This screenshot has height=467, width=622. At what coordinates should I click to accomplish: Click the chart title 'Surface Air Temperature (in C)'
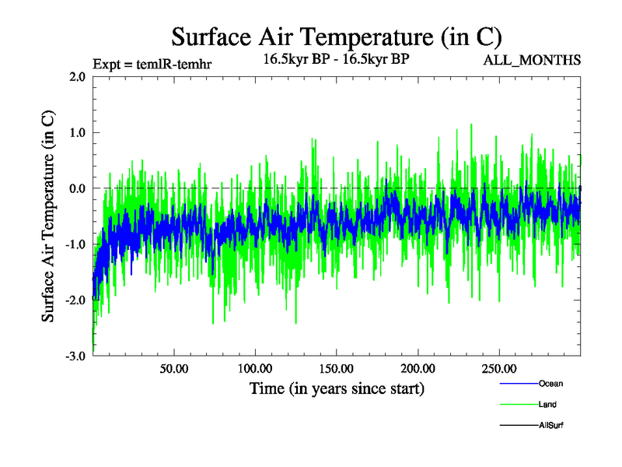click(336, 37)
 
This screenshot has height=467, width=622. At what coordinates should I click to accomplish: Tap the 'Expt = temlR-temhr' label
click(152, 63)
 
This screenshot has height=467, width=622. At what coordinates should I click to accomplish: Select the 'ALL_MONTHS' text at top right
click(533, 60)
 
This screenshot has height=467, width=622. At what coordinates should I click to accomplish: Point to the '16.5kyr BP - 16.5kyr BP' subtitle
click(337, 58)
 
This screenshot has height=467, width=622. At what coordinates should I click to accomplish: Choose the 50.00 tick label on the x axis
click(174, 368)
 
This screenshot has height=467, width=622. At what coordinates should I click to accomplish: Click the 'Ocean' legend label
click(550, 384)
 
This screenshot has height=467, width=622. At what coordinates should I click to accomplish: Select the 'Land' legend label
click(547, 404)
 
